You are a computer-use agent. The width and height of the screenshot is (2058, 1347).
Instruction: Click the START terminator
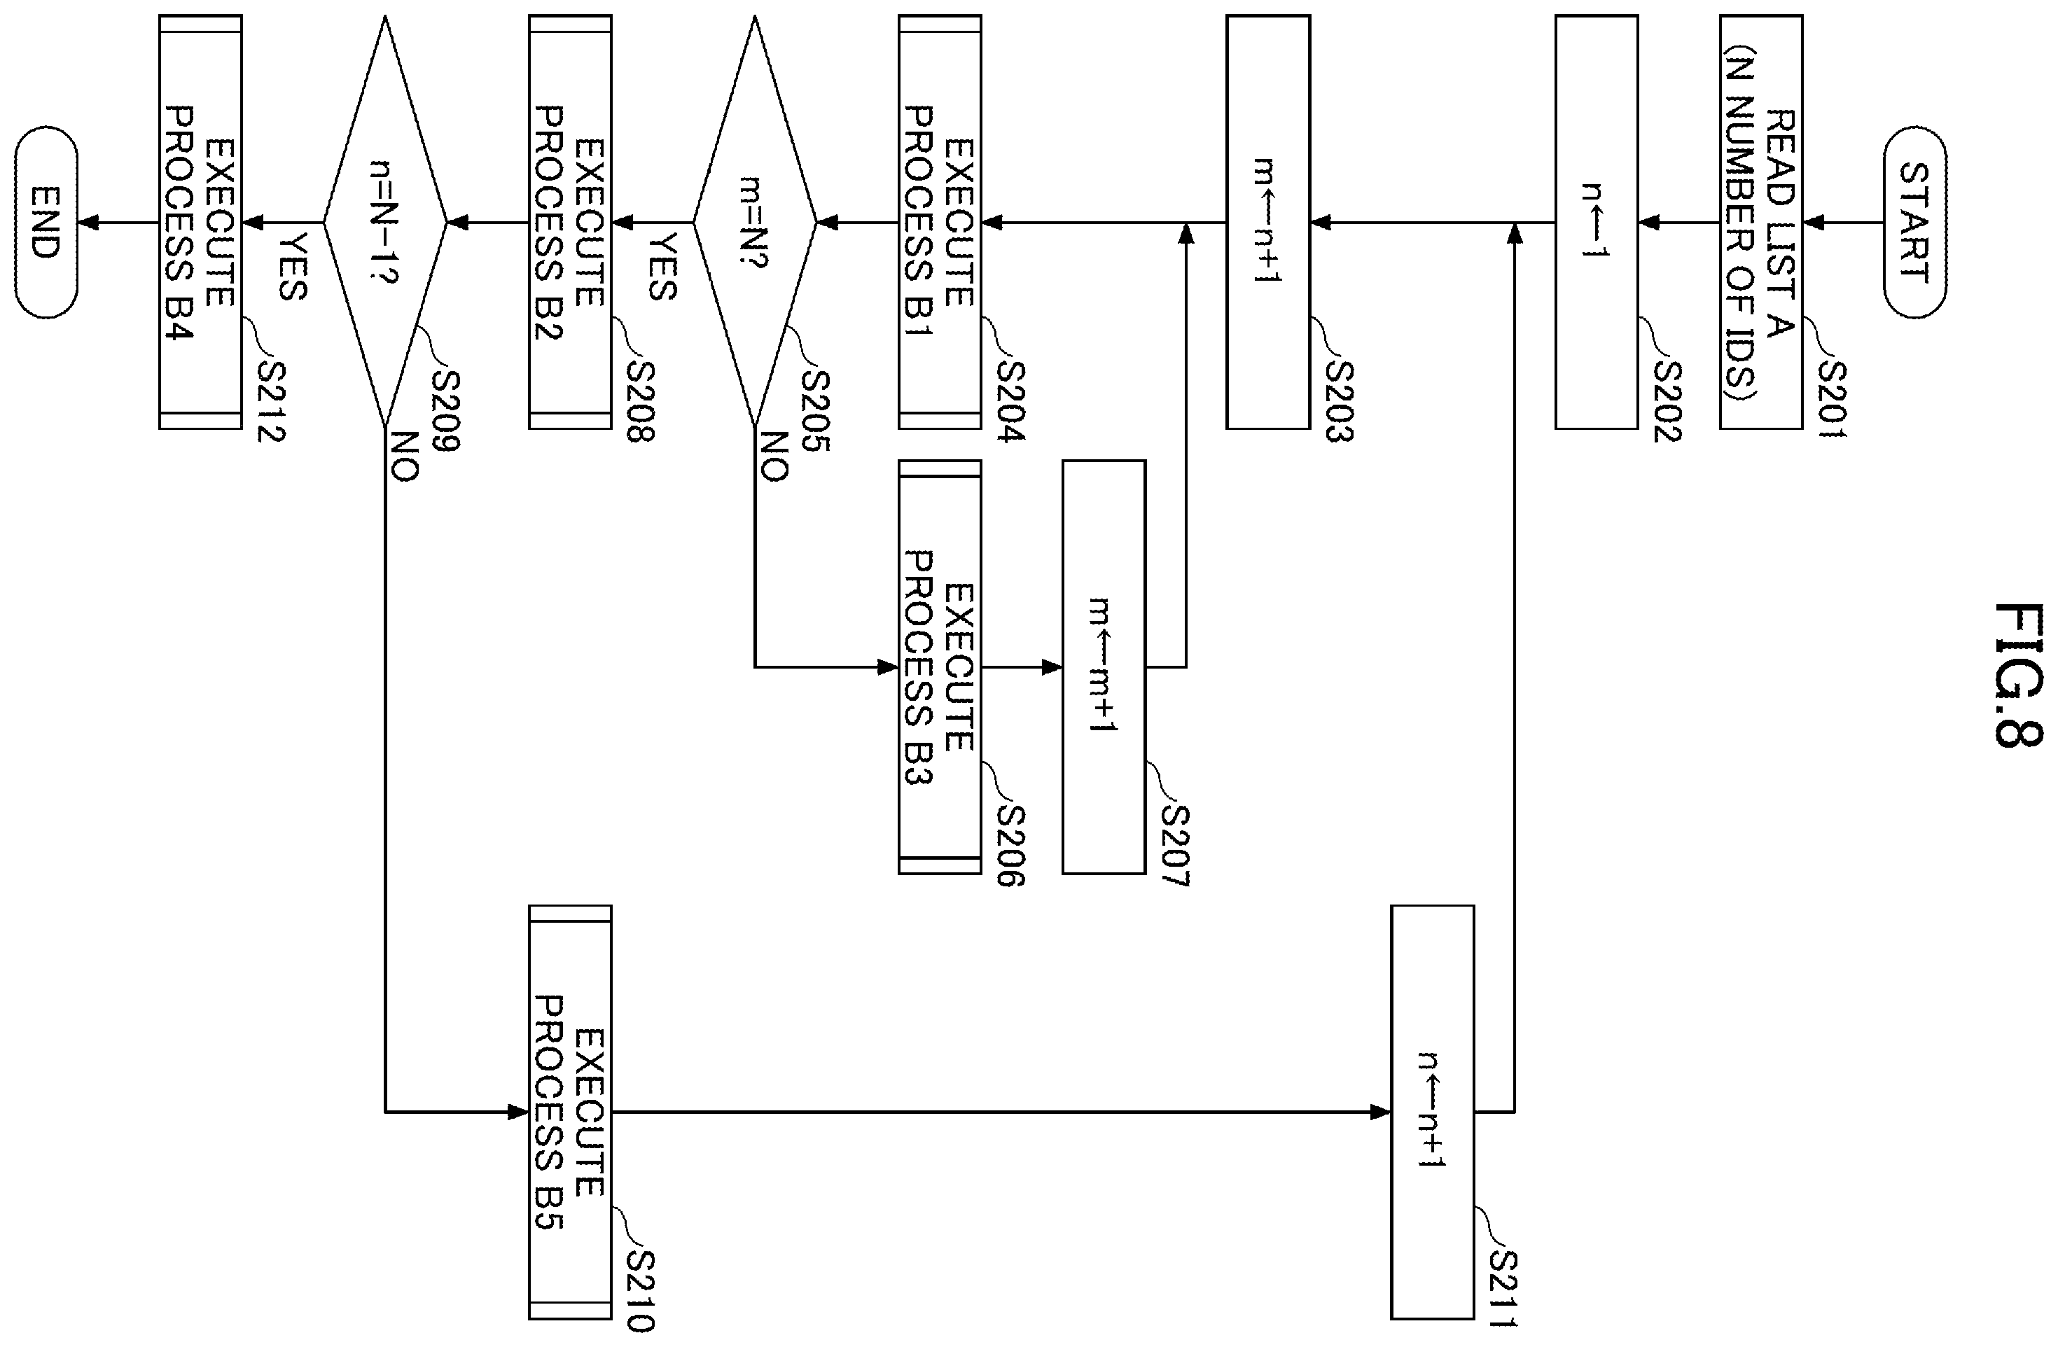(x=1914, y=222)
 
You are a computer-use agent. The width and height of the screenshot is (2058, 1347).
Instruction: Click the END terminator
(x=46, y=222)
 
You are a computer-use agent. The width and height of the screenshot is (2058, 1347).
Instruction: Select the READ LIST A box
(x=1761, y=222)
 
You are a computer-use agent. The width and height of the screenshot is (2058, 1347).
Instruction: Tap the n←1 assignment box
(x=1597, y=222)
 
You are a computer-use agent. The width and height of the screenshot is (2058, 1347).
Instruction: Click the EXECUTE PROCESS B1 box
(x=940, y=222)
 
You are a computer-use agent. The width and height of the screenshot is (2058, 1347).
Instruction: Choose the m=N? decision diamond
(x=755, y=222)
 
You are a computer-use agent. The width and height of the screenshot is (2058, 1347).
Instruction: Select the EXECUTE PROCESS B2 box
(x=570, y=222)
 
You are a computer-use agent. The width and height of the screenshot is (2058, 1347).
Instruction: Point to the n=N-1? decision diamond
(x=385, y=222)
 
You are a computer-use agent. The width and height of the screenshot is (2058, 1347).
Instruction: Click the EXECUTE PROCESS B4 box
(x=200, y=222)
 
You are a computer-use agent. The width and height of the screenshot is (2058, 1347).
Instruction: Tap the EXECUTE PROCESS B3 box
(x=940, y=666)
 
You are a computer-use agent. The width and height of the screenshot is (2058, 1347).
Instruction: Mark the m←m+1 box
(x=1104, y=666)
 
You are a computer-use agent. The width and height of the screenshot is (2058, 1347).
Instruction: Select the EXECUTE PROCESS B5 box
(x=570, y=1112)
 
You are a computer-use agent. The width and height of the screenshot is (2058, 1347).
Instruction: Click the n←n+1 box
(x=1433, y=1112)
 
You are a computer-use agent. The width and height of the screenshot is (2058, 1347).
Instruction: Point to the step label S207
(x=1176, y=846)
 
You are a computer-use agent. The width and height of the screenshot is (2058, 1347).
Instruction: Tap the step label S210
(x=640, y=1291)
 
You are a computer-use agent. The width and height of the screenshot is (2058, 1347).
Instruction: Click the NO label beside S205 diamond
(x=774, y=456)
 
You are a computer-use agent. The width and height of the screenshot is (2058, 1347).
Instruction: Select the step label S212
(x=271, y=401)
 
